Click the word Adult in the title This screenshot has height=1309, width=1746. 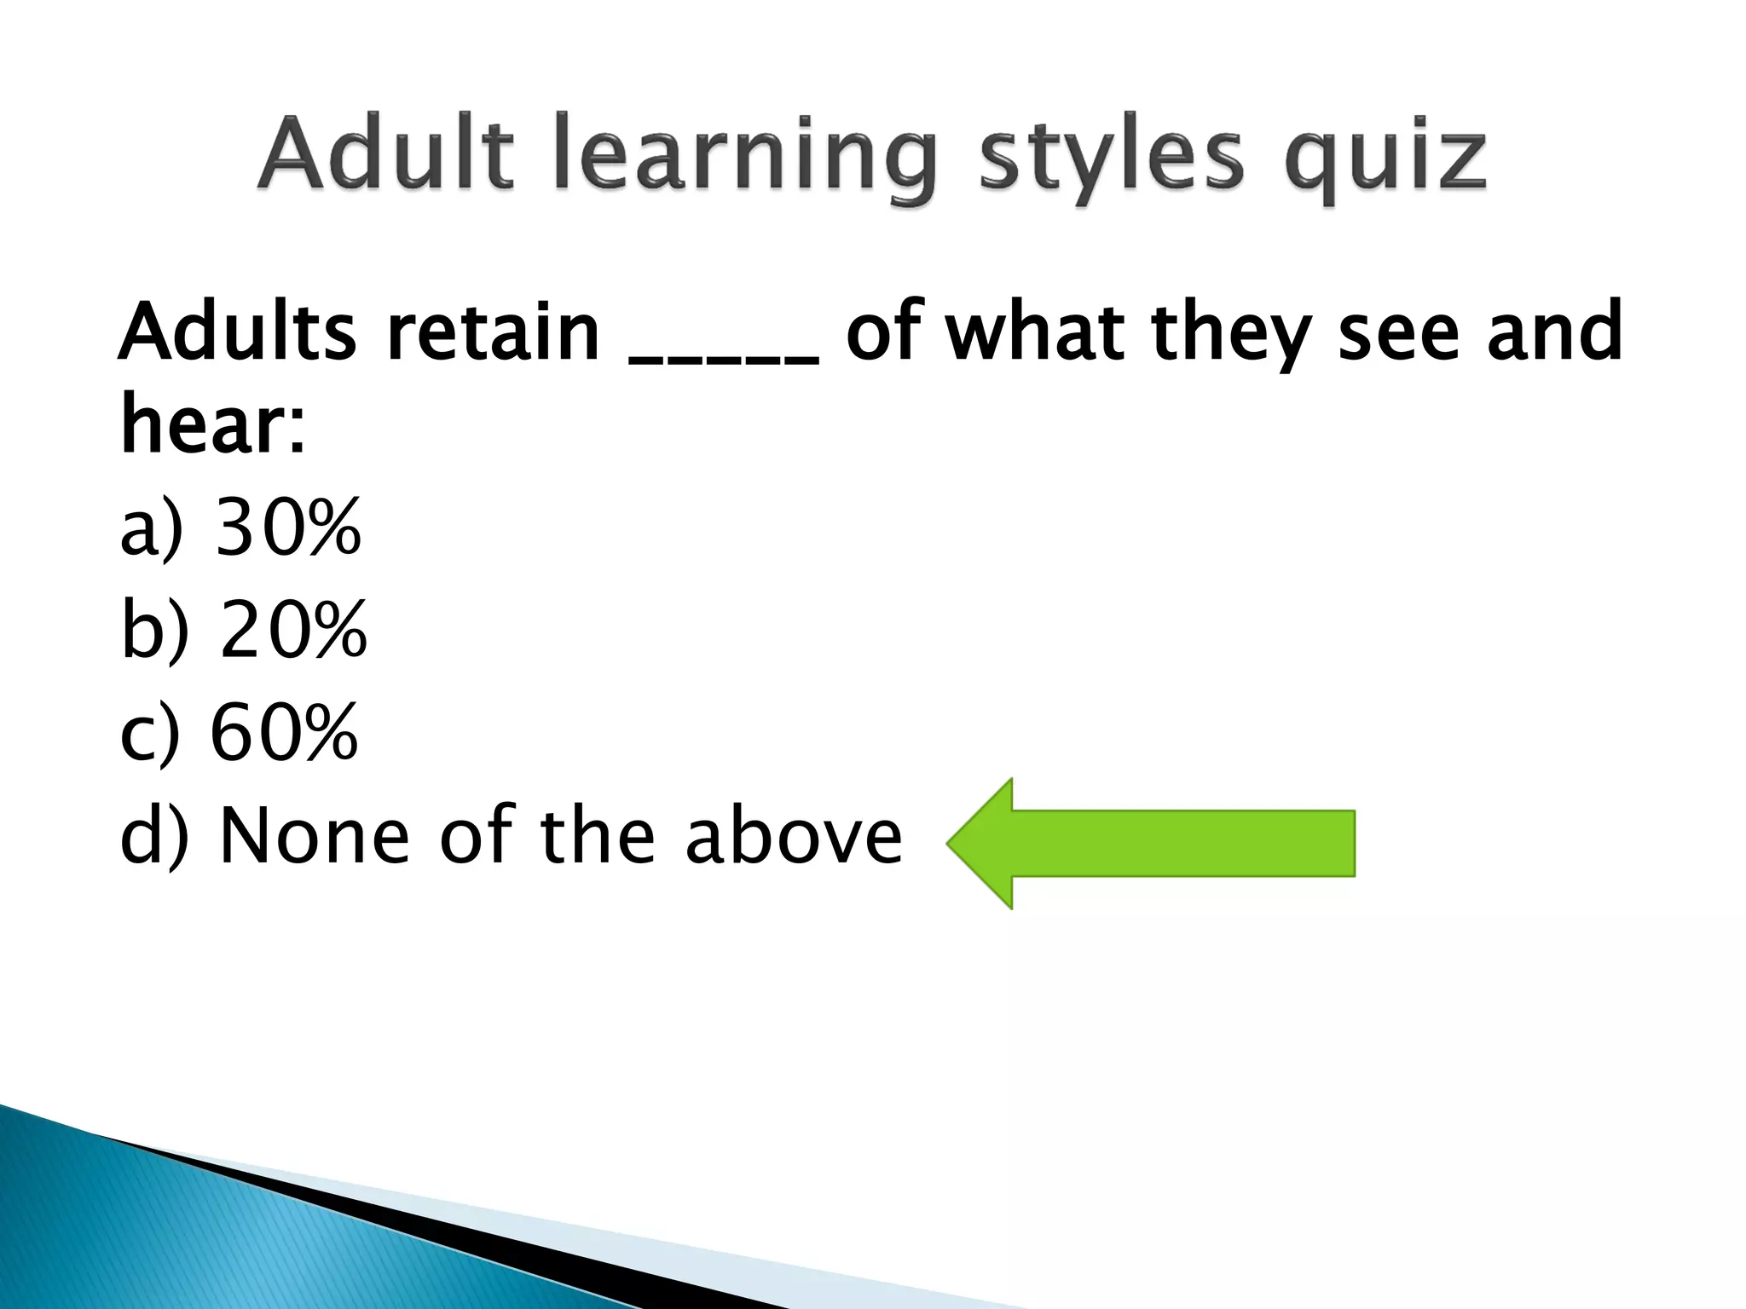[x=386, y=159]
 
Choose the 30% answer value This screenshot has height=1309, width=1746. [x=288, y=528]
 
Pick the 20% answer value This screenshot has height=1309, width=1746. [x=292, y=630]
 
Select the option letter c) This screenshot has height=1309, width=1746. [x=150, y=733]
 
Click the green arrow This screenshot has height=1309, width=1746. [x=1151, y=843]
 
